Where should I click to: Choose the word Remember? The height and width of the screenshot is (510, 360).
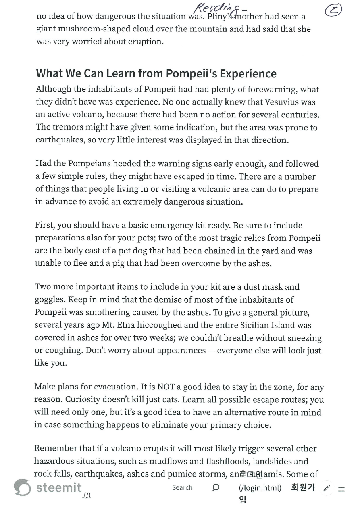pos(55,449)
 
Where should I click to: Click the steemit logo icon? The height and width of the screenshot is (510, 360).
pos(22,487)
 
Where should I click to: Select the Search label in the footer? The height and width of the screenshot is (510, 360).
pos(182,487)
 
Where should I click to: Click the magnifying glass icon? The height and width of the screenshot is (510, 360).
pos(216,487)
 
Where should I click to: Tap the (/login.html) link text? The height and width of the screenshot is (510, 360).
pos(260,488)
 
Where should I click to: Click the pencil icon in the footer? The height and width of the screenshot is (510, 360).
pos(327,488)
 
